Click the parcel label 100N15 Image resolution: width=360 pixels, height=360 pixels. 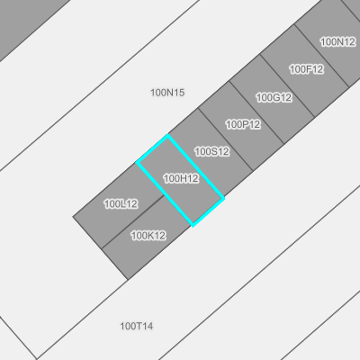[167, 93]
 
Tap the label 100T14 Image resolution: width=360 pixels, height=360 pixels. [137, 326]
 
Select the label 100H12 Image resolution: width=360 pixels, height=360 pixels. [181, 179]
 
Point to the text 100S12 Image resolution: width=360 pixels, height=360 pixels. [212, 152]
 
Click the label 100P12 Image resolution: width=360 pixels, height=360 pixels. [243, 124]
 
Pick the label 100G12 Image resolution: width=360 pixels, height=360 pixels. [274, 97]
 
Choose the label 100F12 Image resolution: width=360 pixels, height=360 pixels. [307, 69]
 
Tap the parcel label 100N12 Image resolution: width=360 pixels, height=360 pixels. [337, 42]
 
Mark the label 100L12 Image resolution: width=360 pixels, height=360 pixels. [121, 204]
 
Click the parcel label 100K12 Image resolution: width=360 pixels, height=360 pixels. [148, 236]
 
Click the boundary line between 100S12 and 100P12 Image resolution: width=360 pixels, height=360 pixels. [226, 139]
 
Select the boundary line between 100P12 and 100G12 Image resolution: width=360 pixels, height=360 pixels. [256, 112]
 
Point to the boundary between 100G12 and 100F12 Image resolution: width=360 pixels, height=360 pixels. [288, 85]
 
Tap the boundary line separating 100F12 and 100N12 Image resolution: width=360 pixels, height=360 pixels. [322, 56]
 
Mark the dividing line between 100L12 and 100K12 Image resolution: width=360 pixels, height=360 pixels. [132, 222]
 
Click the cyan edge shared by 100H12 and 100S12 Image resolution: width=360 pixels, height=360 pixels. [195, 166]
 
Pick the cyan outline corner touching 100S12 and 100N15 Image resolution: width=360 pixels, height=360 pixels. [167, 135]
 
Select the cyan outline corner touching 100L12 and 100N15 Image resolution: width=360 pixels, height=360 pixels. [137, 162]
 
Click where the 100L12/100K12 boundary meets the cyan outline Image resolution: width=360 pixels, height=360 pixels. [164, 195]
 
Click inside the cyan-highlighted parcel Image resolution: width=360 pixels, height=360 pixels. [180, 180]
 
